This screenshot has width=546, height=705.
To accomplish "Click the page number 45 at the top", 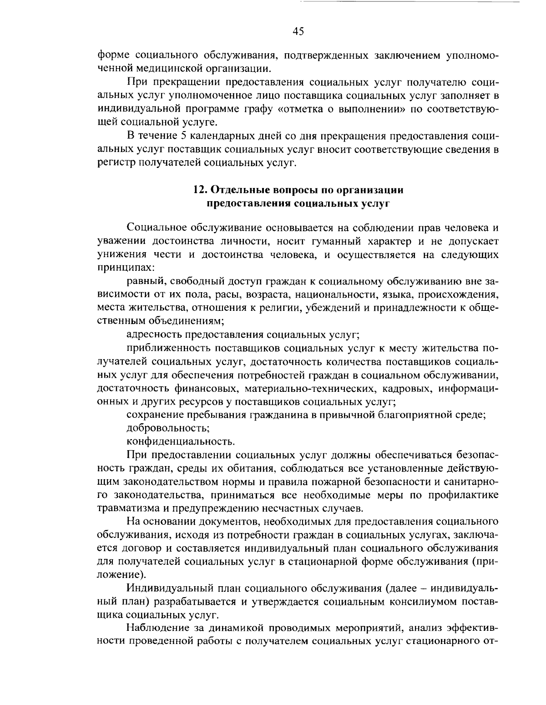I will pyautogui.click(x=298, y=31).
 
